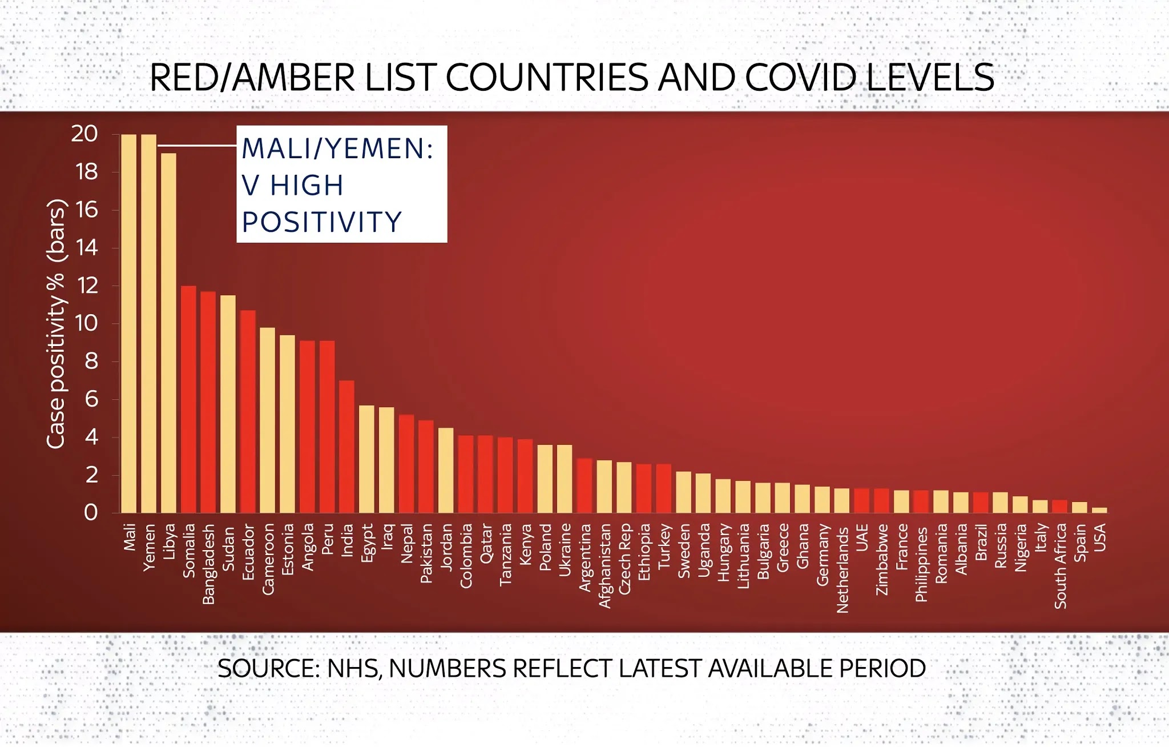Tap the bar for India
point(346,446)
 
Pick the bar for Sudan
point(228,403)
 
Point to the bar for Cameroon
point(267,420)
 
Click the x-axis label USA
point(1099,537)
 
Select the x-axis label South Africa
point(1060,565)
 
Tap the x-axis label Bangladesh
point(208,564)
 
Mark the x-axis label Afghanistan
point(604,565)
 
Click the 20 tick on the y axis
point(84,134)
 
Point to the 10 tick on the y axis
point(86,324)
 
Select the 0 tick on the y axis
point(91,512)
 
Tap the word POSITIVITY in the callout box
point(322,222)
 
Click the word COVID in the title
point(800,78)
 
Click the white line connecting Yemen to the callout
point(197,146)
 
